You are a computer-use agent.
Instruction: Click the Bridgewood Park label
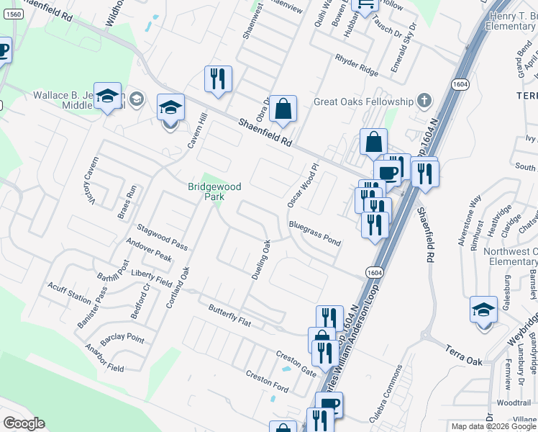click(214, 191)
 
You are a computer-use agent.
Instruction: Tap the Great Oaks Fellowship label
click(363, 102)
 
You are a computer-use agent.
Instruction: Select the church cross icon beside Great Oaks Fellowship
click(424, 100)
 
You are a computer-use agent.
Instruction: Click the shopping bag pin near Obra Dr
click(283, 110)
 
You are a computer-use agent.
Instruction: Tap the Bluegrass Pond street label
click(314, 233)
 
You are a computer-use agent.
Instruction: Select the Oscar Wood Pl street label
click(302, 186)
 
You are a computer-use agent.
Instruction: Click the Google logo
click(24, 423)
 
